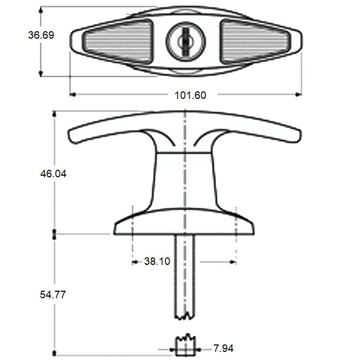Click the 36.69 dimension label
(x=41, y=35)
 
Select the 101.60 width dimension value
(x=190, y=95)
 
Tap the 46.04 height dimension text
(x=40, y=174)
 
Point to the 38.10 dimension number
(x=157, y=262)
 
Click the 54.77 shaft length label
(x=40, y=294)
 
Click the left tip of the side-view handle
(x=72, y=136)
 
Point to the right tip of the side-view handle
(x=297, y=135)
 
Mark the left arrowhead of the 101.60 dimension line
(x=73, y=95)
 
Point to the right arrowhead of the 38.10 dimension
(x=233, y=262)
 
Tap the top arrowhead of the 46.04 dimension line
(x=54, y=113)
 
